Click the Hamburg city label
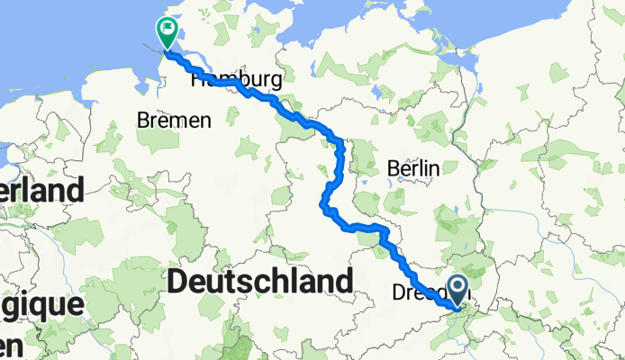point(237,79)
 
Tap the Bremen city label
point(175,120)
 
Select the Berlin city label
point(412,167)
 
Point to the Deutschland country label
point(259,282)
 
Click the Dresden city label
point(423,292)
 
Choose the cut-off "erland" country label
point(41,191)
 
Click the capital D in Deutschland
point(178,282)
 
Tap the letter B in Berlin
point(392,167)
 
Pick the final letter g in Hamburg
point(276,82)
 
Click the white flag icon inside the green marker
point(168,29)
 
